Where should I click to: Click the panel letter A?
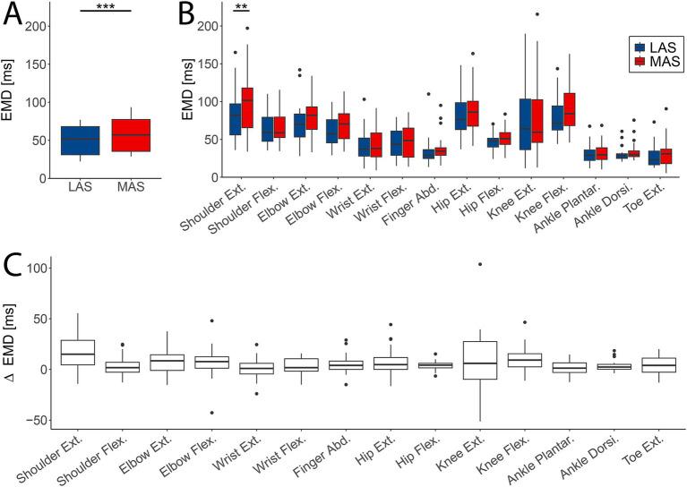pos(15,16)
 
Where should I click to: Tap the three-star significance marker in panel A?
pos(105,5)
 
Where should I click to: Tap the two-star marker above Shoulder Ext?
pos(241,6)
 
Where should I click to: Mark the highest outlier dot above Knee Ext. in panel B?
pos(537,14)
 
